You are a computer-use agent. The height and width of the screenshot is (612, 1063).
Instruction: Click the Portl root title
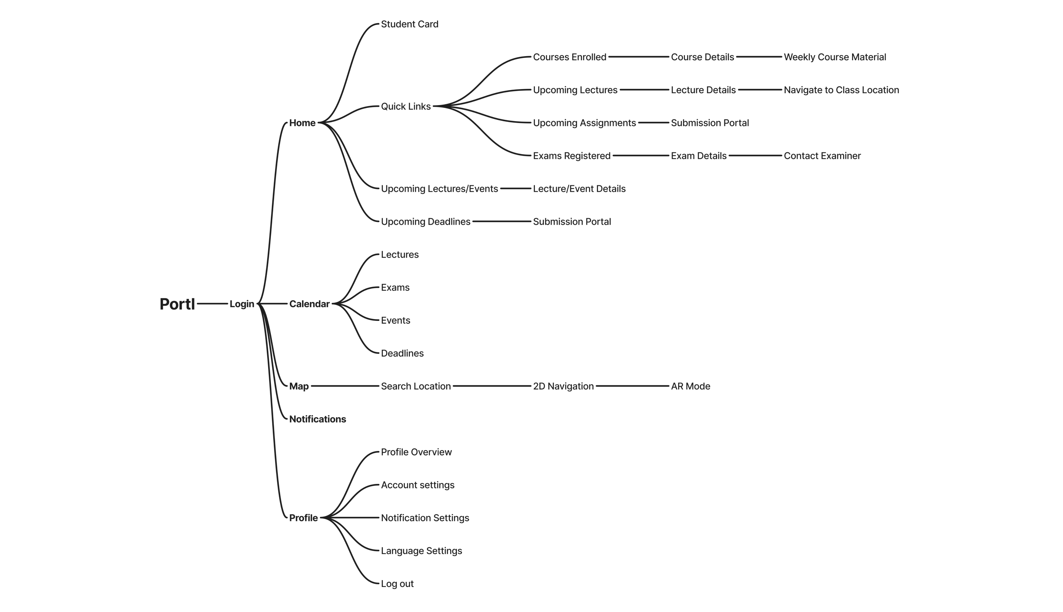177,304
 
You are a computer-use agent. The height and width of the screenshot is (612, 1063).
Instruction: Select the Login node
242,304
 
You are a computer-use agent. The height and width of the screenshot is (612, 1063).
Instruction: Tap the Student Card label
409,24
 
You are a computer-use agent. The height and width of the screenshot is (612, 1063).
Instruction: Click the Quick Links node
405,107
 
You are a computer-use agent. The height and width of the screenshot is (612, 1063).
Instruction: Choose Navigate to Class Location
841,90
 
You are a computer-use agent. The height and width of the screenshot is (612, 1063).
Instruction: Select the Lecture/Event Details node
579,189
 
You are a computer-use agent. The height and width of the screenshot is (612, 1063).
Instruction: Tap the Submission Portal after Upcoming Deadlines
572,222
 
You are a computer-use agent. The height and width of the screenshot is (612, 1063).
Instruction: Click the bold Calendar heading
309,304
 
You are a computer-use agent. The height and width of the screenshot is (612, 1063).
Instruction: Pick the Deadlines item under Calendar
402,353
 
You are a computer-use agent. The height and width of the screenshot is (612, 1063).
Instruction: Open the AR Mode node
690,386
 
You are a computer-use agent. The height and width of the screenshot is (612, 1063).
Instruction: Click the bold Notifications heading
317,419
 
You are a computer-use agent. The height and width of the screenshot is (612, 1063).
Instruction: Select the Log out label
397,584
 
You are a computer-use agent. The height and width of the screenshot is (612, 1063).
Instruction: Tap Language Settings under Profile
421,551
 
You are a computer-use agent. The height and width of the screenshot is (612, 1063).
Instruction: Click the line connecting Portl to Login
212,303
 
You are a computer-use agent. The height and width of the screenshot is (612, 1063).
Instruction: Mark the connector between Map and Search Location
345,386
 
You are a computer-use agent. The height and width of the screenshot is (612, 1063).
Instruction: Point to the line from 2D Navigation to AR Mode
632,386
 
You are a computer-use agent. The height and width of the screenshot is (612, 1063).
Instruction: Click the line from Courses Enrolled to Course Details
638,57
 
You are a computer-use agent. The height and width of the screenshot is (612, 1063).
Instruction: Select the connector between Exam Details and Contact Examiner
755,155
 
